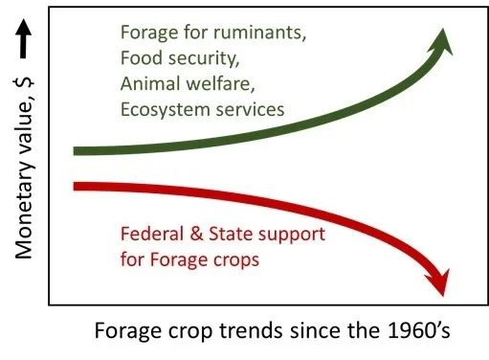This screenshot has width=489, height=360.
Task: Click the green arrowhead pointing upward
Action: tap(442, 42)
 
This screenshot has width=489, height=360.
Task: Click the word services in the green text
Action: tap(253, 109)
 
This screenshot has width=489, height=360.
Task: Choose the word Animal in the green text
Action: tap(148, 84)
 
